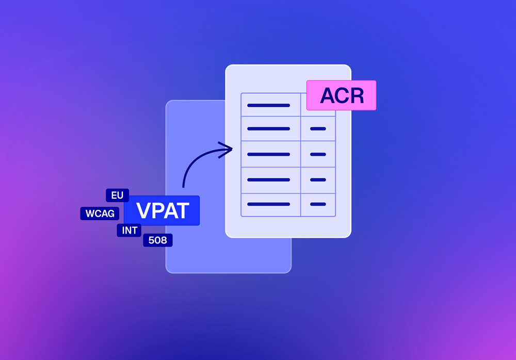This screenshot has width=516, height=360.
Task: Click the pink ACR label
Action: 341,95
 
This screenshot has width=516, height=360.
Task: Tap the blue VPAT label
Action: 162,210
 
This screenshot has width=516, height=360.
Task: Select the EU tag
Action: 117,195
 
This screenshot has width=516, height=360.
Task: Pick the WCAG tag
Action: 100,214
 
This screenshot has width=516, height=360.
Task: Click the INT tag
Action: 130,231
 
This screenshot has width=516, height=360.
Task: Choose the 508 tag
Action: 157,240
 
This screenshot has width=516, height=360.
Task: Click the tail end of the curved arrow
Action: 183,187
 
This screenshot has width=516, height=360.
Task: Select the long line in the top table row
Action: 268,105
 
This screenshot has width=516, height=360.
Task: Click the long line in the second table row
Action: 268,128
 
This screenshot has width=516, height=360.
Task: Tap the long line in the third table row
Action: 268,154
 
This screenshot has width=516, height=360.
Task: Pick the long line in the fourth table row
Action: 268,179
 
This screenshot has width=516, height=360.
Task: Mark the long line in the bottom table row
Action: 268,204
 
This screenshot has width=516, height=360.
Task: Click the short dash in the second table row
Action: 318,128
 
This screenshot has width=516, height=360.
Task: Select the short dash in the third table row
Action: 318,154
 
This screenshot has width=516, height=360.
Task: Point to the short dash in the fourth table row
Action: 318,179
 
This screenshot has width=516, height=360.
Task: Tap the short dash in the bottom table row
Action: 318,204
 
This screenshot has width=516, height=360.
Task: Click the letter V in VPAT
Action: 143,210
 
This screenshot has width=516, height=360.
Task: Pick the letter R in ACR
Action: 357,96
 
